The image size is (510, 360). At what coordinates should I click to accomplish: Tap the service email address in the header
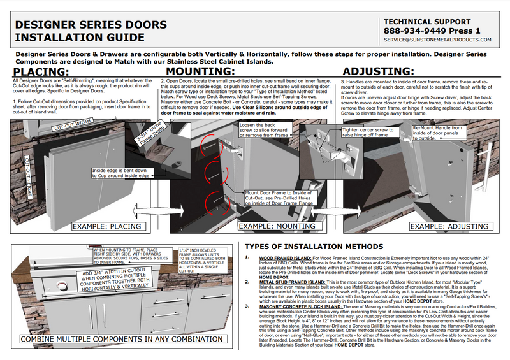(x=437, y=40)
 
